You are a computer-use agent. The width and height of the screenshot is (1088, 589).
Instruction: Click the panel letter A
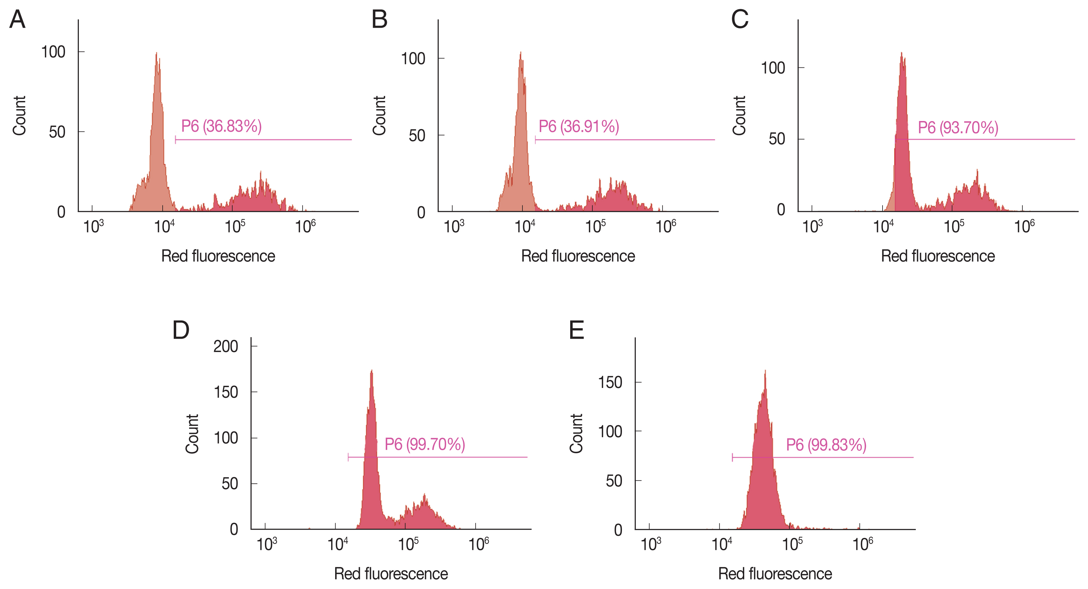point(17,20)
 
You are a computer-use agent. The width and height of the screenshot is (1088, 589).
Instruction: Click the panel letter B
point(379,20)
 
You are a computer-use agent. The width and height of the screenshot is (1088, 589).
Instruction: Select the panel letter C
point(740,20)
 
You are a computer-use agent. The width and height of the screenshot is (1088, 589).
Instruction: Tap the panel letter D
point(181,330)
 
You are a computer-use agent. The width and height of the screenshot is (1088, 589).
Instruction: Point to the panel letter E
point(577,330)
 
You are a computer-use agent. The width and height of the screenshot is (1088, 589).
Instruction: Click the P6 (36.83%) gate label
point(221,126)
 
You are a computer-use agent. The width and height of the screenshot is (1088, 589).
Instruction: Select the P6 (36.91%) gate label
point(579,126)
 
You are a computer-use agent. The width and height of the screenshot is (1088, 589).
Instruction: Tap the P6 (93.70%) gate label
point(958,127)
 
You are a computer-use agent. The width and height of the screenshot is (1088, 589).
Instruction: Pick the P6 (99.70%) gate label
point(424,444)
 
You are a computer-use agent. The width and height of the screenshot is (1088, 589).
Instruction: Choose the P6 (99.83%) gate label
point(826,445)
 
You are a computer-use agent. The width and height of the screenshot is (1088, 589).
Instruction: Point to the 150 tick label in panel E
point(610,382)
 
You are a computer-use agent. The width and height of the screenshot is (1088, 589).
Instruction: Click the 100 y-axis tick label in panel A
point(53,52)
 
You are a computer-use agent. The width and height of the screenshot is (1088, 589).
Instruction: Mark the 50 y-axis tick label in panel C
point(777,139)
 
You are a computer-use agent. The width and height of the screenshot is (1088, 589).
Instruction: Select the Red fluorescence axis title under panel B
point(578,256)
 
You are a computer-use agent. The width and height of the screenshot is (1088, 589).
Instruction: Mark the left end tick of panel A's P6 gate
point(175,140)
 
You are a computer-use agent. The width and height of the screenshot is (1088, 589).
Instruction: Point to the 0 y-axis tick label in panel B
point(421,213)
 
